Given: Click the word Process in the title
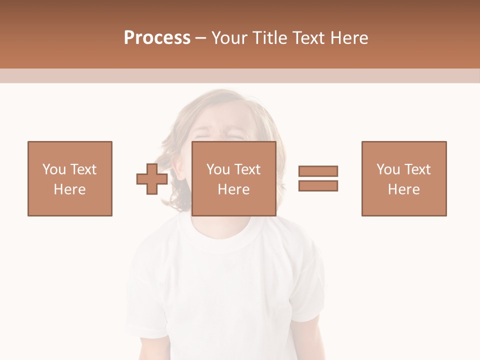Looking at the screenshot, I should tap(157, 38).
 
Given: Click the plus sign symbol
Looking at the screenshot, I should tap(152, 179).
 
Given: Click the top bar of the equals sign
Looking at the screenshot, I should tap(318, 171).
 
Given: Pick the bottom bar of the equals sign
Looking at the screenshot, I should tap(318, 185).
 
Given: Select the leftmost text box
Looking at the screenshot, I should tap(70, 178).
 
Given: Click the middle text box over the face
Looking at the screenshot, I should tap(234, 178).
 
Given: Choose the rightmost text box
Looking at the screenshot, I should tap(404, 178).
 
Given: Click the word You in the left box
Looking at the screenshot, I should tap(53, 169).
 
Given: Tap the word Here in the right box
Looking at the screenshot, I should tap(404, 189).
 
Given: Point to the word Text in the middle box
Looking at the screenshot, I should tap(247, 169).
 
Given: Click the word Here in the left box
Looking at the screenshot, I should tap(70, 189).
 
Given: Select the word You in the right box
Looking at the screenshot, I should tap(387, 169).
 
